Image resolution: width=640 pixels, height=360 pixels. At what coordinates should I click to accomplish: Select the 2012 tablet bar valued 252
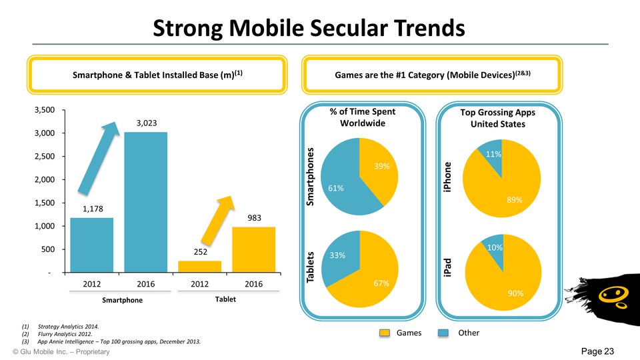(199, 267)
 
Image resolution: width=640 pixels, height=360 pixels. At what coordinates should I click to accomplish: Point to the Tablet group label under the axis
(221, 299)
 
